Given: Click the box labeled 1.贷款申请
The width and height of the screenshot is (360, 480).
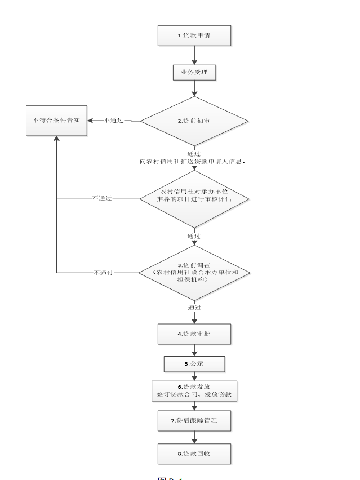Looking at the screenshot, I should click(194, 35).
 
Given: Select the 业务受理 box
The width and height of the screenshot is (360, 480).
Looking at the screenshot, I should click(194, 73).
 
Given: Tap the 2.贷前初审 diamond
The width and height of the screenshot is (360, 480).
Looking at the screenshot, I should click(194, 121).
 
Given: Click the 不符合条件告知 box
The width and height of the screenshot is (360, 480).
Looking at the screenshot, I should click(56, 120).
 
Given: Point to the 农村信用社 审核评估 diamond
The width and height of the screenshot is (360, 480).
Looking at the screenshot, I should click(194, 199).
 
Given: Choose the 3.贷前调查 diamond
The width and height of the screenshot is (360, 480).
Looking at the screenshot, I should click(194, 273).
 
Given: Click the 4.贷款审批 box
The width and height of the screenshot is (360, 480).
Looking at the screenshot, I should click(194, 334).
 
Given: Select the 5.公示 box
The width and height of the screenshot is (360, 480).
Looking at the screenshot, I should click(194, 364).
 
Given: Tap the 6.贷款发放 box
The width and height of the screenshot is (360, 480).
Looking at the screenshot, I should click(194, 391).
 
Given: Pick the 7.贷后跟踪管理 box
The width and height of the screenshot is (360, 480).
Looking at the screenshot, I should click(194, 420).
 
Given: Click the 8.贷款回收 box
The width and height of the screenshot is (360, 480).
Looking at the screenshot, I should click(194, 453).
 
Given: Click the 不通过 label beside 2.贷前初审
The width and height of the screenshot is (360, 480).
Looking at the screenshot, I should click(114, 121).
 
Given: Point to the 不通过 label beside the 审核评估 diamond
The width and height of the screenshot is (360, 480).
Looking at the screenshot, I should click(102, 199).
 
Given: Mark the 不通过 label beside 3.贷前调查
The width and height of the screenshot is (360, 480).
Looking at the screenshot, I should click(104, 273).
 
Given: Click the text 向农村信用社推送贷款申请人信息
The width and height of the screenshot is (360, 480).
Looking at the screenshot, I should click(193, 161).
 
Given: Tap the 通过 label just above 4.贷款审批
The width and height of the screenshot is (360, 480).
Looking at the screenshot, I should click(194, 308).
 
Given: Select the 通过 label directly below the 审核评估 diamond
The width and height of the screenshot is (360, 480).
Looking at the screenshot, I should click(194, 236).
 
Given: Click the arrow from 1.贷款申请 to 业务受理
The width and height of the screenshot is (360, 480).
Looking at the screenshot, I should click(194, 55).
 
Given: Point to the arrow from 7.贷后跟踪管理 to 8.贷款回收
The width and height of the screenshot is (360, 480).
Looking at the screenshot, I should click(194, 437).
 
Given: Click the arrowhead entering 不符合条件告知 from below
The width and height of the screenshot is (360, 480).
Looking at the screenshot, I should click(56, 139).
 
